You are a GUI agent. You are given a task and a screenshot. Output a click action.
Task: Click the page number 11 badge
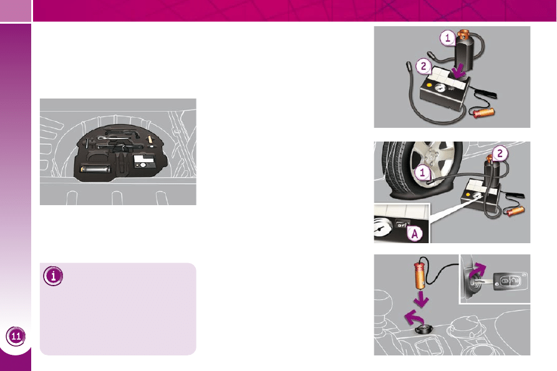(x=16, y=336)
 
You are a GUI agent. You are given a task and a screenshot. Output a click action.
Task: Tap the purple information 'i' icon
(x=53, y=276)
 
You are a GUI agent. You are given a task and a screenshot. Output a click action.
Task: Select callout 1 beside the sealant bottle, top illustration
(x=448, y=37)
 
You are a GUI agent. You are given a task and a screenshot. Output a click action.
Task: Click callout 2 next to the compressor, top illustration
(x=423, y=66)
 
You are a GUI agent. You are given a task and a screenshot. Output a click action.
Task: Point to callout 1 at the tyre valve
(x=422, y=173)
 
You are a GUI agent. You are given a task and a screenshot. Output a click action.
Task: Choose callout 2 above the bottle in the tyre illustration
(x=500, y=153)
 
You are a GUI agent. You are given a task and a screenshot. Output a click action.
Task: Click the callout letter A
(x=414, y=234)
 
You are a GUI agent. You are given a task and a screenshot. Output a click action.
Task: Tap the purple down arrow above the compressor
(x=459, y=70)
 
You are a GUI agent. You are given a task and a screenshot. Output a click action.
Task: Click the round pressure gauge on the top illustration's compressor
(x=440, y=87)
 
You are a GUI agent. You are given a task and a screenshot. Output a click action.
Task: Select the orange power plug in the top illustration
(x=483, y=112)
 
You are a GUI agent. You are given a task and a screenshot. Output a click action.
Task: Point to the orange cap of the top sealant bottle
(x=463, y=35)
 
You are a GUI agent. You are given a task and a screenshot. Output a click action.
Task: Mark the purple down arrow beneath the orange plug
(x=421, y=299)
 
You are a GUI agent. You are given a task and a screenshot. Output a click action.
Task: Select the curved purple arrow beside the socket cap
(x=414, y=317)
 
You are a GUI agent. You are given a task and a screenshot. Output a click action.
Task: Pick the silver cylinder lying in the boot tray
(x=95, y=168)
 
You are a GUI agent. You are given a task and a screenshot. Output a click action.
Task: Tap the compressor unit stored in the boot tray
(x=145, y=161)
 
